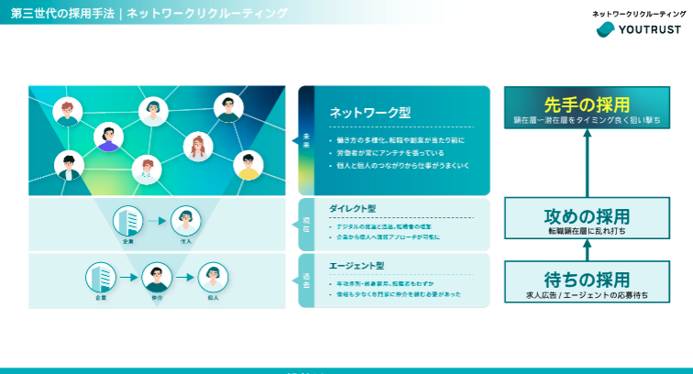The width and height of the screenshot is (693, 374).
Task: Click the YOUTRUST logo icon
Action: click(605, 30)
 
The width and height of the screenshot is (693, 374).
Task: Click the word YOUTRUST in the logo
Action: click(650, 30)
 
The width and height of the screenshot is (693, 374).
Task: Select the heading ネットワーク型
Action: click(369, 113)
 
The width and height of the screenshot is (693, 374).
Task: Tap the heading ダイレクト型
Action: click(352, 208)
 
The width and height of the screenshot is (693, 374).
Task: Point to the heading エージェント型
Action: click(356, 266)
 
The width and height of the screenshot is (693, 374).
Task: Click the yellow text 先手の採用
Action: click(587, 103)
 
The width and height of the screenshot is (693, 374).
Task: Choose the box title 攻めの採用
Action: click(586, 217)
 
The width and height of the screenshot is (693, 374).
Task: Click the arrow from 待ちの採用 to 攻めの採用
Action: click(586, 251)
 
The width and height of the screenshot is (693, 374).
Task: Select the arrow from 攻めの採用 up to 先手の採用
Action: click(586, 162)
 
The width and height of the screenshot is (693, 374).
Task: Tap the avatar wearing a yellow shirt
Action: click(247, 165)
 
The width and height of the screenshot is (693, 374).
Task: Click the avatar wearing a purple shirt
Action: click(109, 137)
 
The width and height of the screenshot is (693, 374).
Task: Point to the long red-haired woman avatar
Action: click(198, 146)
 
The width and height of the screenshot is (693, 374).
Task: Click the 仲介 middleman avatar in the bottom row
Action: click(157, 277)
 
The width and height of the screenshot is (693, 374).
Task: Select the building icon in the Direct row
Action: click(127, 220)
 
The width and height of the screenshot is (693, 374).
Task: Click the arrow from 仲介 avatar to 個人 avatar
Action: click(185, 277)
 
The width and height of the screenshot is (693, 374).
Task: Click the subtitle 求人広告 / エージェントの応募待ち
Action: click(586, 295)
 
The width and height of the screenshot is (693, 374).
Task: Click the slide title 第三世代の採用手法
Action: click(57, 13)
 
